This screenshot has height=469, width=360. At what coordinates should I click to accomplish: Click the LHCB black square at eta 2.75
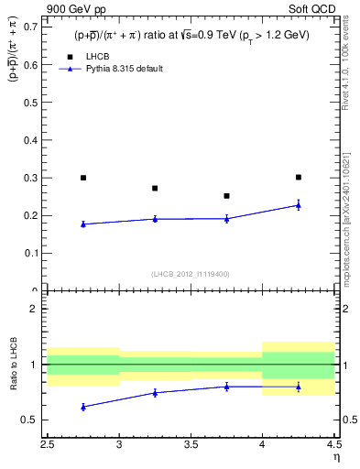(x=83, y=178)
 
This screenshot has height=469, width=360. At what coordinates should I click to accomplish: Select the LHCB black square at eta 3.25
(x=155, y=188)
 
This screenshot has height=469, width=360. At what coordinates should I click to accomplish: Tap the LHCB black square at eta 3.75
(x=226, y=195)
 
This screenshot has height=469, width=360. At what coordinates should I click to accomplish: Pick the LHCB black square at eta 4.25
(x=299, y=177)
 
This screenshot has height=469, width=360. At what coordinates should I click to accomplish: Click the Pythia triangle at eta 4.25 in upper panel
(x=299, y=205)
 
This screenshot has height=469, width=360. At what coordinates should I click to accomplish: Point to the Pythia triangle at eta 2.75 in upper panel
(x=83, y=224)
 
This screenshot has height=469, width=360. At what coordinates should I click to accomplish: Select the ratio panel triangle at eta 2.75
(x=83, y=407)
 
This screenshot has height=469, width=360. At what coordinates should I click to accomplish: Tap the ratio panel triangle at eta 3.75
(x=226, y=387)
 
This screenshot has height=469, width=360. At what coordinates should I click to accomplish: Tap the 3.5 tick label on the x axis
(x=191, y=444)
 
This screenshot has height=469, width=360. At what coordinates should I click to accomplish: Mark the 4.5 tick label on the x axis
(x=333, y=444)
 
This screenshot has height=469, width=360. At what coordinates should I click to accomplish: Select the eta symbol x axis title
(x=336, y=456)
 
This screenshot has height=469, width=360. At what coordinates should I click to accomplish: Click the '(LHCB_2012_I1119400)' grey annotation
(x=191, y=274)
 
